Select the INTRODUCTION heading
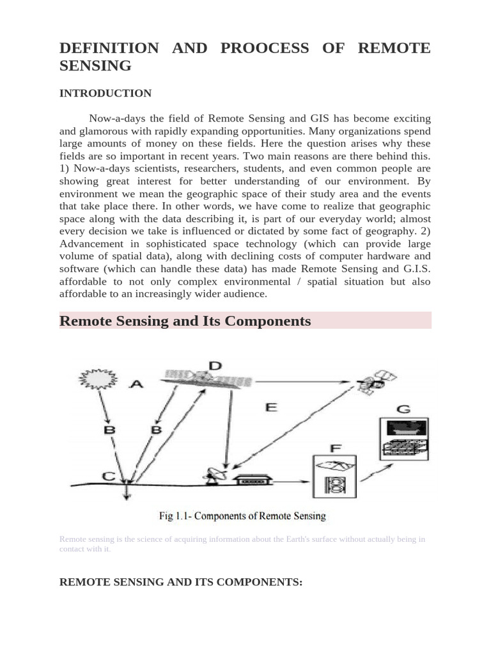[x=105, y=93]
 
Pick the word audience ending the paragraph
[x=247, y=294]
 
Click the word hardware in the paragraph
[x=373, y=256]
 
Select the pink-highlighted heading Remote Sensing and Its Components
[x=185, y=321]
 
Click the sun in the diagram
[x=91, y=380]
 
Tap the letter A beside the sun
[x=137, y=384]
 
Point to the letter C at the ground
[x=109, y=476]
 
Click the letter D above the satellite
[x=215, y=366]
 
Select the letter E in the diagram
[x=271, y=407]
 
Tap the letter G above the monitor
[x=403, y=409]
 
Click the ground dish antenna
[x=212, y=476]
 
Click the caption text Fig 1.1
[x=242, y=516]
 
